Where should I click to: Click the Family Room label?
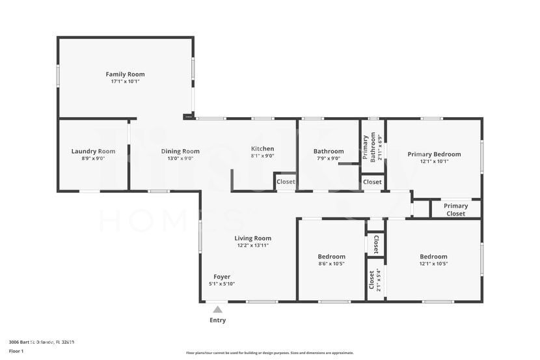(125, 74)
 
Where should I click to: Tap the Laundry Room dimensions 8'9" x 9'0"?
(93, 158)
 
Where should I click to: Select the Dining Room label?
(180, 151)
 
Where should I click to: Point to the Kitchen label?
(262, 148)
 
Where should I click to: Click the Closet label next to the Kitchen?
(285, 182)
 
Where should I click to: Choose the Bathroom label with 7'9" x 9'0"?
(329, 151)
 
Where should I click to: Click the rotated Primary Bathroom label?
(369, 147)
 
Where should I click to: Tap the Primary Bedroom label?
(434, 154)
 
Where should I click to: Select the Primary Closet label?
(455, 210)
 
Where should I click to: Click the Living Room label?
(252, 238)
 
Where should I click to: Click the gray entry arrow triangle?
(217, 309)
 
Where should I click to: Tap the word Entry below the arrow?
(217, 320)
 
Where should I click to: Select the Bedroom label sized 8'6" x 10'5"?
(331, 256)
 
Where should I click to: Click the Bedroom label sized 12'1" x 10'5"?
(433, 256)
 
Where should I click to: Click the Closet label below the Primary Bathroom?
(372, 182)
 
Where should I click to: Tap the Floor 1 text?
(16, 351)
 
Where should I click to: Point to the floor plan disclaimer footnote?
(270, 353)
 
